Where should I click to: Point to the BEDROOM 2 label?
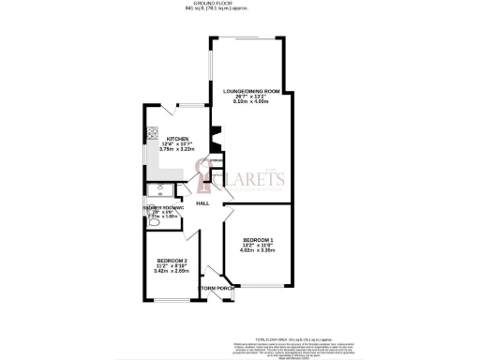(171, 259)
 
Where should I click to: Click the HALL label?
(202, 203)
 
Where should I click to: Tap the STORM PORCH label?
(217, 289)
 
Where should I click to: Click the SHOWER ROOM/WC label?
(160, 207)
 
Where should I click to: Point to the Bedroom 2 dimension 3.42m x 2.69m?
(171, 270)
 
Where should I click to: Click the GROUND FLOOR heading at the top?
(240, 4)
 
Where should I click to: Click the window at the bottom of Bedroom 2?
(172, 302)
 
